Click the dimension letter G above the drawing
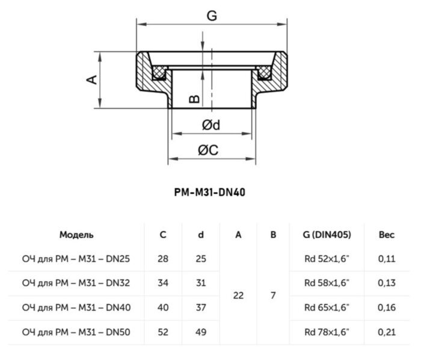pos(211,16)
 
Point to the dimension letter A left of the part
pos(92,79)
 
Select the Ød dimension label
pos(210,125)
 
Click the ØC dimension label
pos(210,151)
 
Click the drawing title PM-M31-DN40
pos(210,193)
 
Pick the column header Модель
pos(76,235)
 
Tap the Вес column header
pos(386,235)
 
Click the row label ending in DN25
pos(76,259)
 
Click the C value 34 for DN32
pos(163,283)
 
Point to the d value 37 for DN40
pos(201,307)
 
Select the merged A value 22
pos(238,295)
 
